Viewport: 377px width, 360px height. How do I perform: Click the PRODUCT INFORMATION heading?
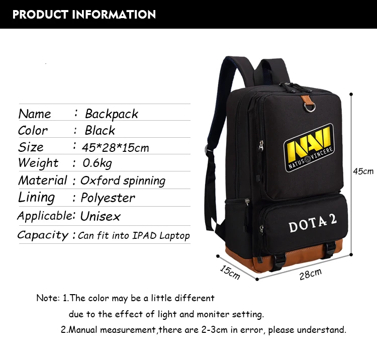(x=84, y=14)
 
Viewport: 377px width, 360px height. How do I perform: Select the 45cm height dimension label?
(x=363, y=171)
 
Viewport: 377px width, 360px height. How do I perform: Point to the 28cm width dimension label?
(x=310, y=275)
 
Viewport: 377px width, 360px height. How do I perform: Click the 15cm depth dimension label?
(x=230, y=272)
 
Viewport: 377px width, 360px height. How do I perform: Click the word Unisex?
(x=101, y=217)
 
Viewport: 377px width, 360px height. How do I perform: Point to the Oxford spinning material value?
(x=123, y=181)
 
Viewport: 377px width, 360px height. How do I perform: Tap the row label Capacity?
(x=43, y=235)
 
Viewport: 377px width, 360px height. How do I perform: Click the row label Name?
(x=35, y=114)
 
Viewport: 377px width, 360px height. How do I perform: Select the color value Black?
(x=100, y=131)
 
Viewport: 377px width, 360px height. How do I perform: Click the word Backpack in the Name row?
(x=112, y=114)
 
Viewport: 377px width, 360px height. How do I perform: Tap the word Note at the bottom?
(x=47, y=298)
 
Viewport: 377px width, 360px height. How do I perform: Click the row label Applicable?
(x=44, y=216)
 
